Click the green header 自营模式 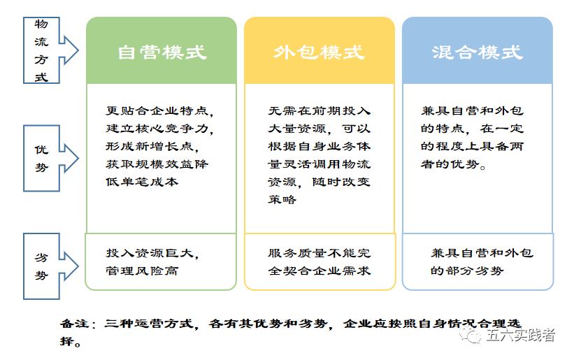point(162,52)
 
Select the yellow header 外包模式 point(319,52)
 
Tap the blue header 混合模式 point(477,52)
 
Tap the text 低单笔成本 point(143,182)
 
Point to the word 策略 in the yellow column point(282,199)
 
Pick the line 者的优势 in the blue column point(454,165)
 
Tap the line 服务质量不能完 point(319,253)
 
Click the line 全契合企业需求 point(319,271)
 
